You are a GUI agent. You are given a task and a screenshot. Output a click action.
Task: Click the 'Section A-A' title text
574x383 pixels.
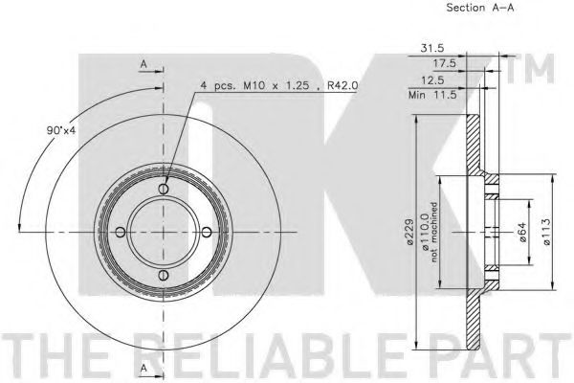480,8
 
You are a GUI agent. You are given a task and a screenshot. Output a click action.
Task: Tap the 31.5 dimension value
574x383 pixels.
432,48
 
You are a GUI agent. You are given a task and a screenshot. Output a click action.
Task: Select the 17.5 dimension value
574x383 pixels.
445,63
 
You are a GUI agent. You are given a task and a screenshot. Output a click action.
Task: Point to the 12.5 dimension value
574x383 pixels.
432,79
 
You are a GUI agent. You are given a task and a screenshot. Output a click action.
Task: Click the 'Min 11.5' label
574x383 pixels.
432,96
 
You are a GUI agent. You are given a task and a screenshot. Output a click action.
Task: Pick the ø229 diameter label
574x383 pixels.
410,232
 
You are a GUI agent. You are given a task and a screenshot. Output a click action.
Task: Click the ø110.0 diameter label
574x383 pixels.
426,233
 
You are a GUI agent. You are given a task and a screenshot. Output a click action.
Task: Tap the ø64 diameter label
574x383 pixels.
522,232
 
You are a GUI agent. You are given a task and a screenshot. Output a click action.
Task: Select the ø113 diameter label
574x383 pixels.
546,232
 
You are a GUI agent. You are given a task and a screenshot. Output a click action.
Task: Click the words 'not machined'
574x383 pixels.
434,232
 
